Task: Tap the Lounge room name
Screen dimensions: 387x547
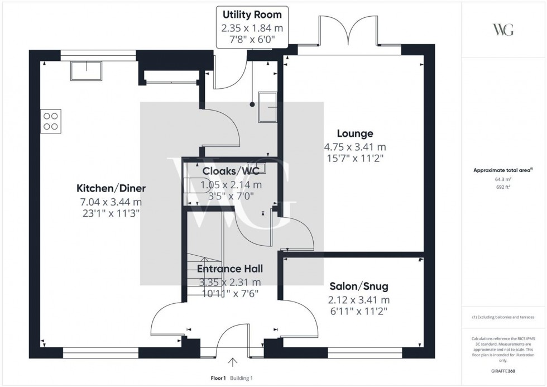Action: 354,134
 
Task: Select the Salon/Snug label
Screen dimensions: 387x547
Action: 358,287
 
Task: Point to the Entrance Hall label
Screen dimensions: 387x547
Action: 229,269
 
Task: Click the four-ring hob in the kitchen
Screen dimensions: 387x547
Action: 51,121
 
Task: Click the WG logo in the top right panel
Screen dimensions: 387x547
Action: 504,30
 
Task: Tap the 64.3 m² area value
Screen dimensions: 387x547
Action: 503,179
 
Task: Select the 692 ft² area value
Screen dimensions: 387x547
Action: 503,188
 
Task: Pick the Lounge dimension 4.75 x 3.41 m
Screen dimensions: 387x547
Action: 354,147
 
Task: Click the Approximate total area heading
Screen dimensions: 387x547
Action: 503,170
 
